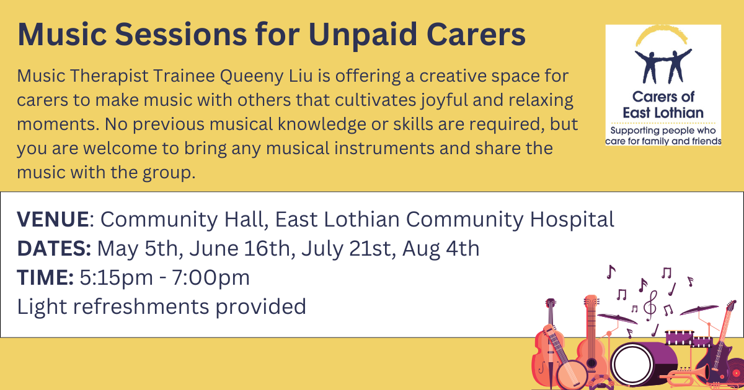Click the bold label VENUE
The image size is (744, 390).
point(53,219)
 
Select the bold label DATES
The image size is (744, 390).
point(53,248)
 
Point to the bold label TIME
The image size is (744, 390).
point(45,277)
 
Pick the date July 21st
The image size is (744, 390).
point(346,249)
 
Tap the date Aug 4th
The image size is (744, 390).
point(441,249)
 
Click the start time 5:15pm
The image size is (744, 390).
point(117,278)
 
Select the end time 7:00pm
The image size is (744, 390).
point(211,278)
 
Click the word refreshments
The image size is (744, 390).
point(141,306)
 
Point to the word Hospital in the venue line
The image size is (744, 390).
point(572,220)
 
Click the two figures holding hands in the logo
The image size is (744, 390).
point(663,66)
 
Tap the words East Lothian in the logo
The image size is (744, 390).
point(663,113)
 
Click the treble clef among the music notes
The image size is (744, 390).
point(650,306)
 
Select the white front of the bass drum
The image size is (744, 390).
point(631,363)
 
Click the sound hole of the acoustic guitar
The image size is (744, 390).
point(591,362)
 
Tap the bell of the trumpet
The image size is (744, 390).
point(705,373)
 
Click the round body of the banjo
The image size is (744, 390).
point(572,375)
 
